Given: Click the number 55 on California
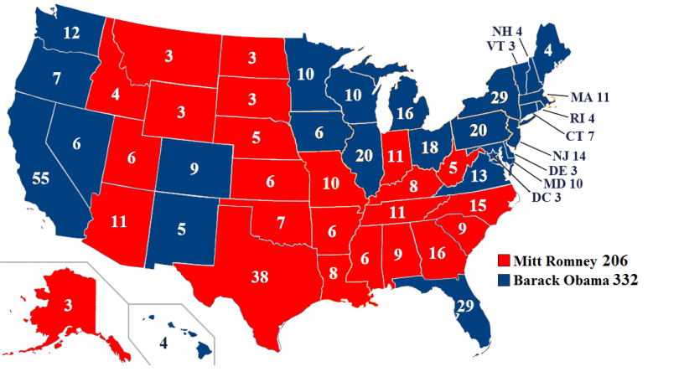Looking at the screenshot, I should coord(40,179).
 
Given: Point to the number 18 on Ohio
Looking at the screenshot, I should coord(430,148).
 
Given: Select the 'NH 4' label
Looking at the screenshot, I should coord(507,34).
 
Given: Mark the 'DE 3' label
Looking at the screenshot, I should coord(557,170).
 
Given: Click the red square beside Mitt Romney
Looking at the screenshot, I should coord(504,261).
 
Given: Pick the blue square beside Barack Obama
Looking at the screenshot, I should coord(504,281).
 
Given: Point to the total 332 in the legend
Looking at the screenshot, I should coord(623,281).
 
